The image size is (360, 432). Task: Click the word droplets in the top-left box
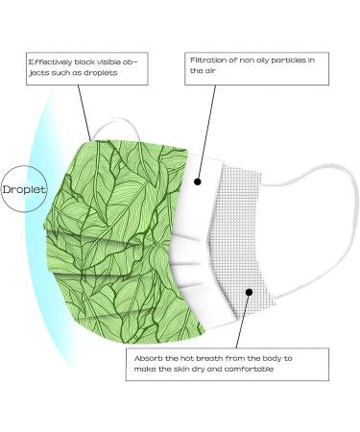(x=110, y=74)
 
